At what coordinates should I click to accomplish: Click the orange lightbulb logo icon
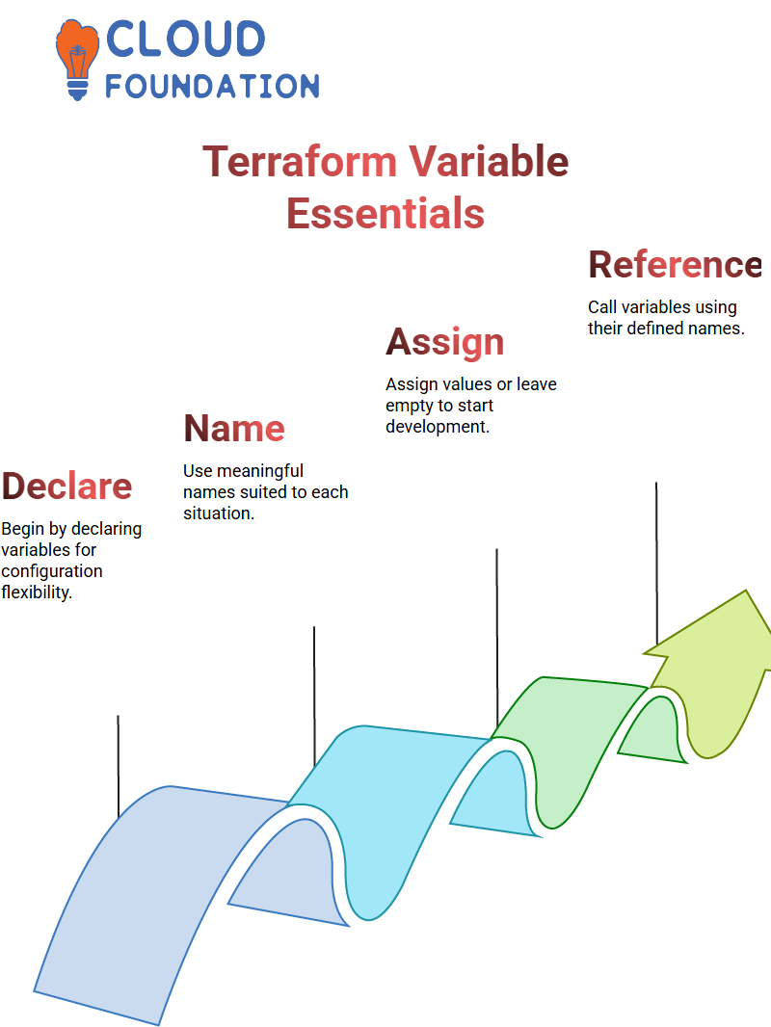click(77, 60)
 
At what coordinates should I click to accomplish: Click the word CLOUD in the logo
click(185, 39)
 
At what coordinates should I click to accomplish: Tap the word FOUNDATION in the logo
click(212, 86)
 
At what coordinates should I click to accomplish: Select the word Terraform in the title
click(300, 161)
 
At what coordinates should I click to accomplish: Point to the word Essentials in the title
click(385, 214)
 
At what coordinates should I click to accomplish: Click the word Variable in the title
click(489, 161)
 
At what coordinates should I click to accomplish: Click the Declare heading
click(66, 486)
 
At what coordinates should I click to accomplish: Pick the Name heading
click(234, 429)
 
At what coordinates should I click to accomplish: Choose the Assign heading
click(445, 342)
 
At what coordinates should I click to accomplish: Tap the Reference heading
click(675, 265)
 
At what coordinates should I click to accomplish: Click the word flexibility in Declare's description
click(36, 592)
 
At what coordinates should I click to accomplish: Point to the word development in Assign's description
click(437, 427)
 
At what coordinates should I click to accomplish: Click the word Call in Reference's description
click(602, 307)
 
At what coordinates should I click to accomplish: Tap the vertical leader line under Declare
click(119, 766)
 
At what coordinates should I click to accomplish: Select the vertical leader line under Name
click(314, 697)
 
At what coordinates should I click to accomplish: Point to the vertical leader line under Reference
click(656, 564)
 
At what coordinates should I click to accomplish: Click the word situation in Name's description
click(218, 513)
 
